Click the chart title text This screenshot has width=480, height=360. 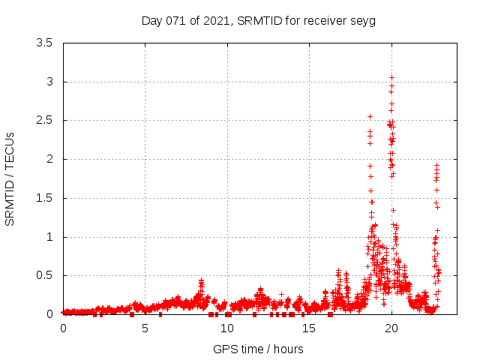258,20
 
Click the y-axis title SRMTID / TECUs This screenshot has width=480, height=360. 10,178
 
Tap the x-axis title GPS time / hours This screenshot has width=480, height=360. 258,349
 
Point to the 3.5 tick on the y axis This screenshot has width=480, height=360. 45,43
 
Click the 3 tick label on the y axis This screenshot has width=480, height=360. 49,82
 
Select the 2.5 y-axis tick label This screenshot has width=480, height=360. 45,120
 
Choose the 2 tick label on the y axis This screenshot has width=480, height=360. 49,159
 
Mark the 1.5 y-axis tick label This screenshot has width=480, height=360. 45,198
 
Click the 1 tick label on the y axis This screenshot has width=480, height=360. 49,237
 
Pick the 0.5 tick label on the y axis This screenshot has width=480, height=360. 45,275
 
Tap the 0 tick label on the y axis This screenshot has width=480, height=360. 49,314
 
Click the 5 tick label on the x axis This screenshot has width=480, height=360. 145,328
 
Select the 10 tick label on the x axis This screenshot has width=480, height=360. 227,328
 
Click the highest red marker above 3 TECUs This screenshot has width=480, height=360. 391,77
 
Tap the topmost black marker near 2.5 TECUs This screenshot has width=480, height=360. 370,116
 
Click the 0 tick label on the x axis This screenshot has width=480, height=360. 63,328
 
